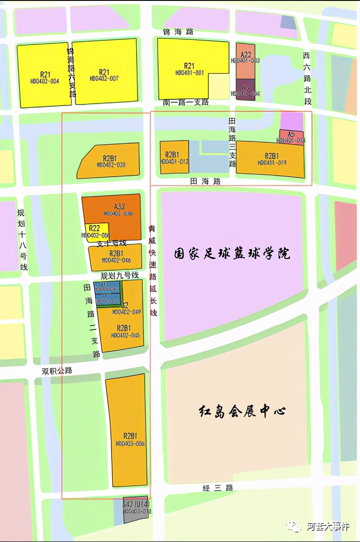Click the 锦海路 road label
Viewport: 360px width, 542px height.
tap(178, 32)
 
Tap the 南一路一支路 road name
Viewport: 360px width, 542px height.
tap(186, 103)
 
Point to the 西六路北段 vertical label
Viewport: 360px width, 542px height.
tap(306, 79)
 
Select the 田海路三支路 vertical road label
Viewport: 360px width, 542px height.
tap(232, 143)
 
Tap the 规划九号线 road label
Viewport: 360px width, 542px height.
tap(120, 275)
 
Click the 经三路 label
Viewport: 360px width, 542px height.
tap(218, 488)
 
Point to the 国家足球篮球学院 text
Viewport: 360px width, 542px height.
tap(232, 253)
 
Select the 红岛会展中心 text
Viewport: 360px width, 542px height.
tap(243, 411)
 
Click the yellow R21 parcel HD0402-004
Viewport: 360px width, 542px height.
tap(44, 75)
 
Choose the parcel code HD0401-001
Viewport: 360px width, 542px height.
tap(189, 73)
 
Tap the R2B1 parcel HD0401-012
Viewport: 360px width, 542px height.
tap(174, 157)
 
